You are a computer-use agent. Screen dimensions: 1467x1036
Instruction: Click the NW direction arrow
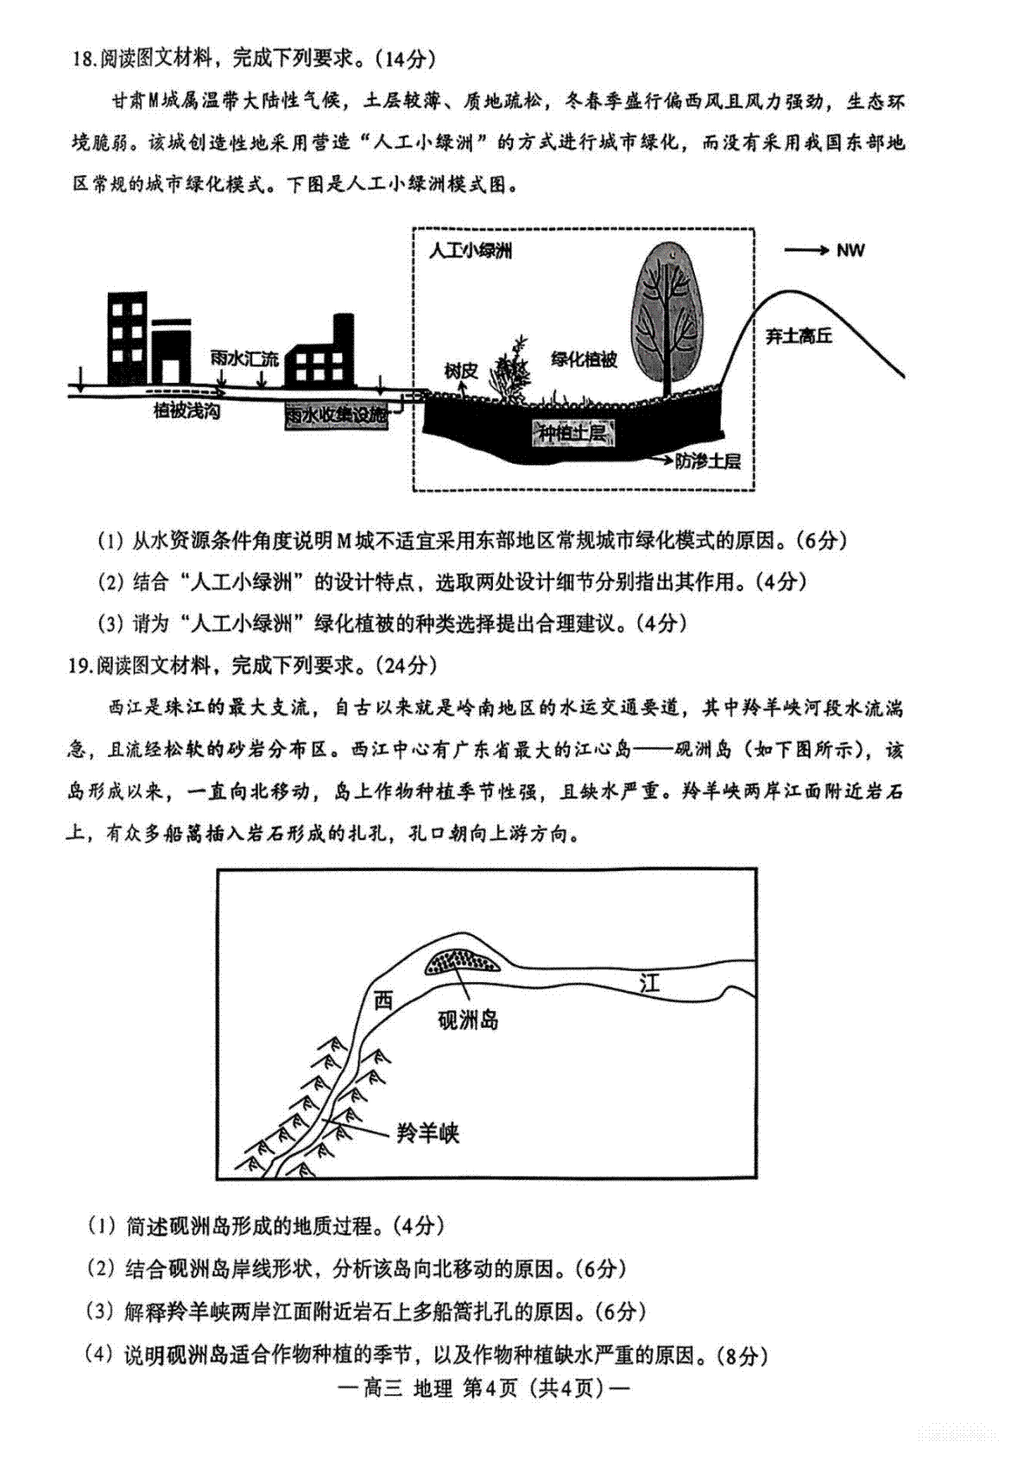pos(805,251)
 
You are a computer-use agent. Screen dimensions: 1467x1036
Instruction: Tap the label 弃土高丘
pos(799,336)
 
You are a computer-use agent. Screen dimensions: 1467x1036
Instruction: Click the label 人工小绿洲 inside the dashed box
pos(471,251)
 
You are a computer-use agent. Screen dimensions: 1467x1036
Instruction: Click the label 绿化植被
pos(584,359)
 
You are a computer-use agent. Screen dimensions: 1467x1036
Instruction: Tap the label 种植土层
pos(572,433)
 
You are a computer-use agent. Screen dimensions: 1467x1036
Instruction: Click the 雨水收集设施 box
pos(337,416)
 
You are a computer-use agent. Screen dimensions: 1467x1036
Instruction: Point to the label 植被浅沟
pos(186,411)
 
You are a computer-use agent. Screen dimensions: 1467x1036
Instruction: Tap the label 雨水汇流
pos(245,358)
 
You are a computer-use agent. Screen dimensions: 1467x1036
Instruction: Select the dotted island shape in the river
pos(462,962)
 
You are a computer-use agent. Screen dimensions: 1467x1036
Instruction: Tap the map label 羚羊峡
pos(427,1133)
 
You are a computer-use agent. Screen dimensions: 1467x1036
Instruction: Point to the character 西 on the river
pos(383,1000)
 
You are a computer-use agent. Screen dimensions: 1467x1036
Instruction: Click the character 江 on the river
pos(649,982)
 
